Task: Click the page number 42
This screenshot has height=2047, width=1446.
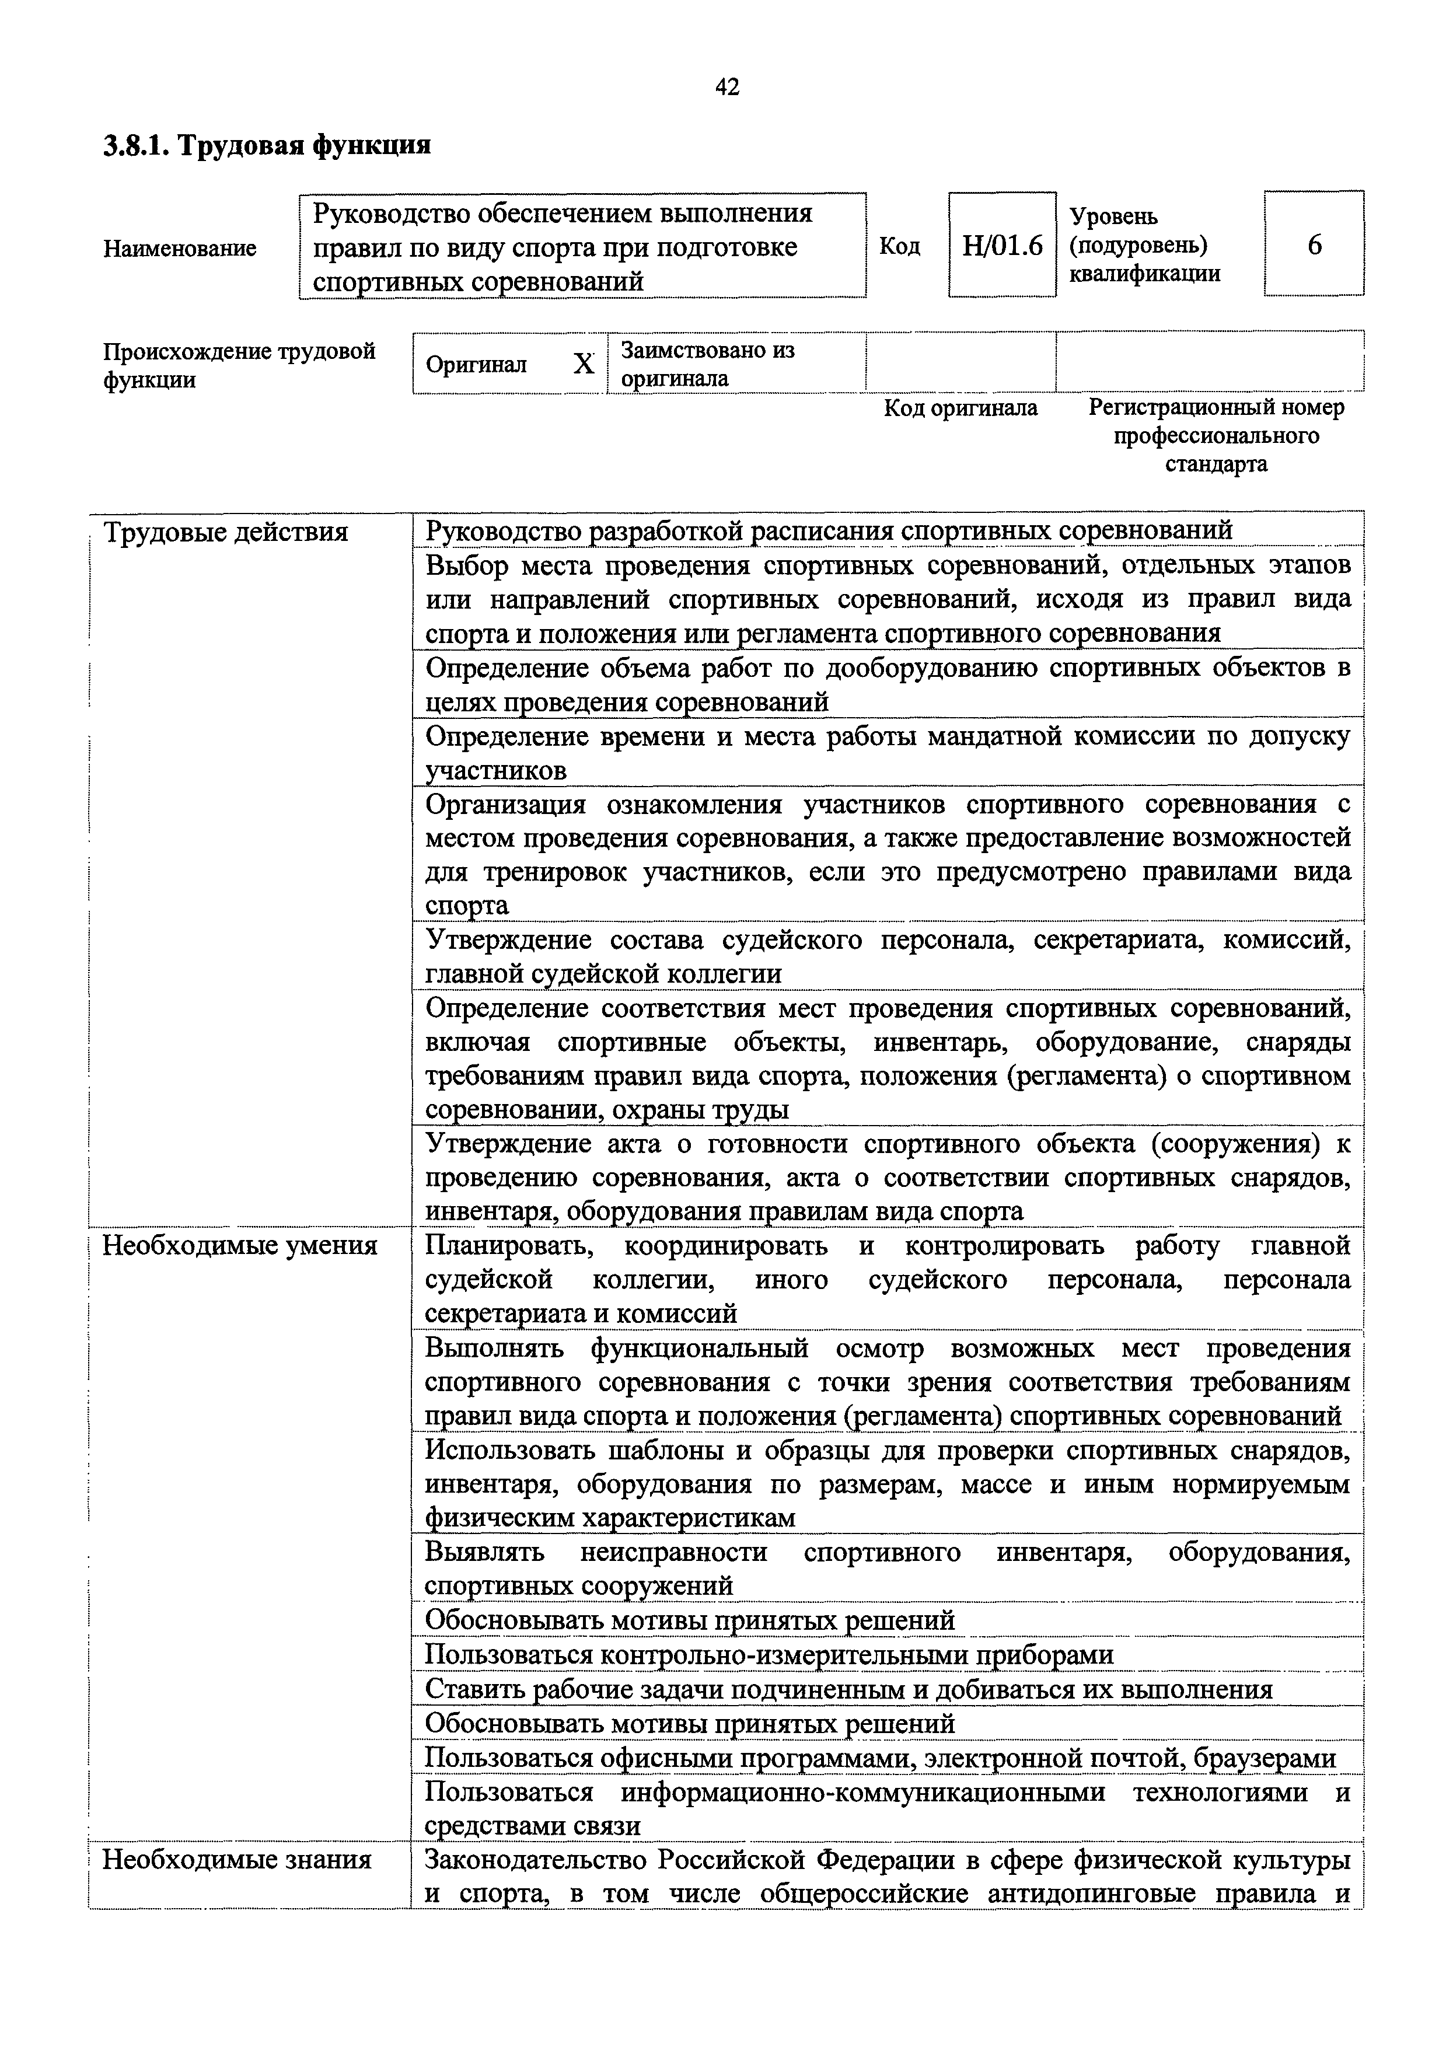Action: pos(727,86)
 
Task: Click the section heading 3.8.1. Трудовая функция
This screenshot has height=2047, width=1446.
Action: pos(267,145)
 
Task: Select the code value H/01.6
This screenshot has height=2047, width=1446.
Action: pos(1002,245)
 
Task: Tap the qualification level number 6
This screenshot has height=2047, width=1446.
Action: pos(1314,244)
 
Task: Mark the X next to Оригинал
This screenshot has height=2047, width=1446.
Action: pos(583,364)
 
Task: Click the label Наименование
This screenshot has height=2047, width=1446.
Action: pos(179,248)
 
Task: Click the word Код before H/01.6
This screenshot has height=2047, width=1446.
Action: pos(899,245)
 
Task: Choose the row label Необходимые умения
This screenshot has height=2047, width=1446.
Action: pos(240,1245)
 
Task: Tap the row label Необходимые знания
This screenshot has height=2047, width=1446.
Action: pos(237,1860)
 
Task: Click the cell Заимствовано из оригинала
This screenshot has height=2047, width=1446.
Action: pos(707,364)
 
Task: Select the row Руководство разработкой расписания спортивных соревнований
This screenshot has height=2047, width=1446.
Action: pos(829,530)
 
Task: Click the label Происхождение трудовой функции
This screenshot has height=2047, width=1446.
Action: pos(239,365)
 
